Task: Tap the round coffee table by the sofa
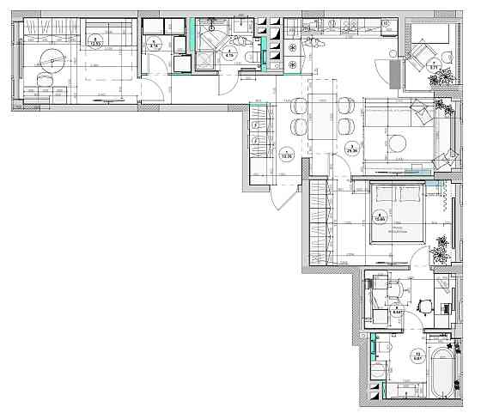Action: coord(399,143)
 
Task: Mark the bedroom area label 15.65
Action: coord(380,216)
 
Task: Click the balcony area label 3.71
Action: coord(434,66)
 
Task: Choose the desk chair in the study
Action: coord(423,305)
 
